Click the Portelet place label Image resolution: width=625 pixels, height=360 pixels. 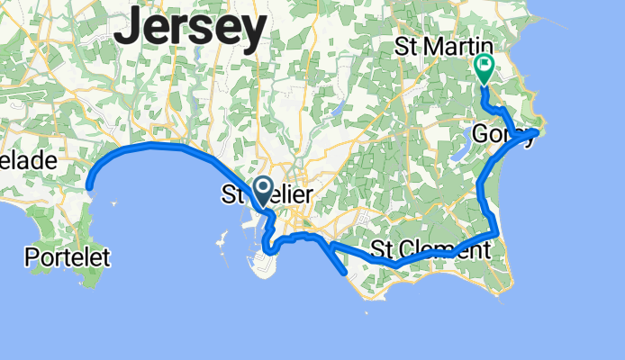point(68,258)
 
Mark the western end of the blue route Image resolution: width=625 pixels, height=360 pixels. point(89,187)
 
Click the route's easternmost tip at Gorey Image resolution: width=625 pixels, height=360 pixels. point(537,132)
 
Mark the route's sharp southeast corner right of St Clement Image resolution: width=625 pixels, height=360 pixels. point(497,235)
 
